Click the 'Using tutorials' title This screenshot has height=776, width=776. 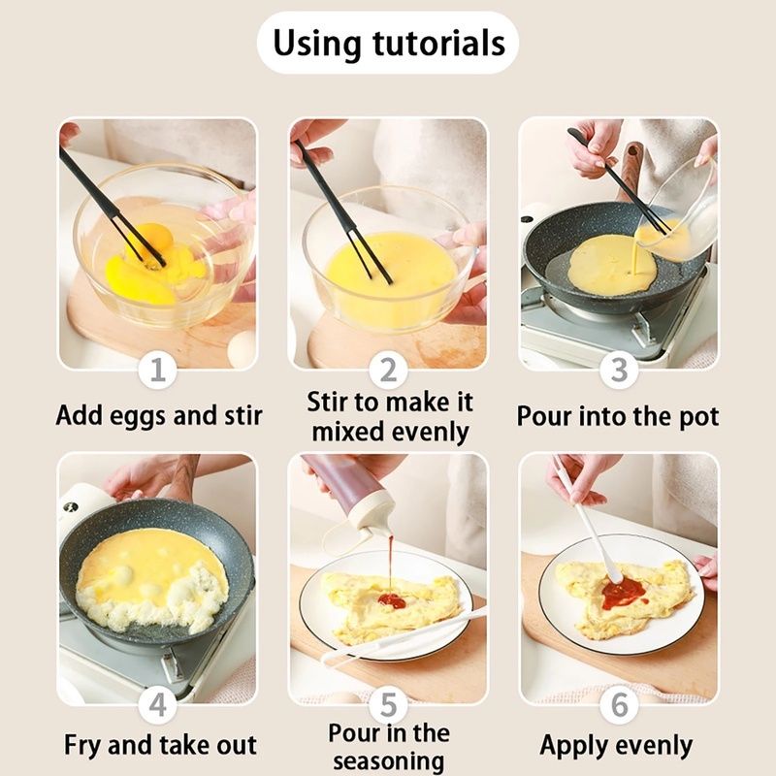(389, 43)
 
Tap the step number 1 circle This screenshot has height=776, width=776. (157, 370)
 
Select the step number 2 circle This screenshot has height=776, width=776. (389, 370)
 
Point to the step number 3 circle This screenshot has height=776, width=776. (619, 370)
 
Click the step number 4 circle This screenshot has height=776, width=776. (157, 705)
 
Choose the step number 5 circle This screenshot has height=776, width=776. (389, 705)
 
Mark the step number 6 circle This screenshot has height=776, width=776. (619, 705)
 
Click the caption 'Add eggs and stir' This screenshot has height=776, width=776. (159, 416)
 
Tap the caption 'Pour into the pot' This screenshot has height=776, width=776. (618, 417)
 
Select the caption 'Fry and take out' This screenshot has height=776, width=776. (160, 745)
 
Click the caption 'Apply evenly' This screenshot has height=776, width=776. (616, 746)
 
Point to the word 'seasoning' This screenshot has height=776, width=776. (389, 762)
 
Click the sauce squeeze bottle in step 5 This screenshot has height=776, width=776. (350, 496)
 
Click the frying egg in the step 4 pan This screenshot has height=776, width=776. (152, 576)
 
